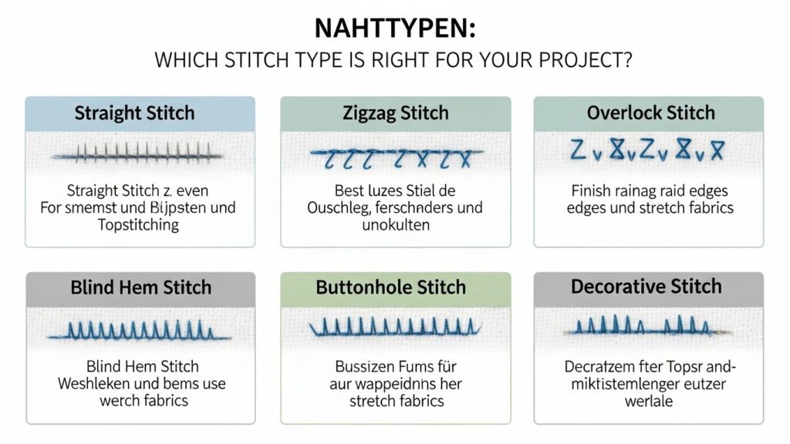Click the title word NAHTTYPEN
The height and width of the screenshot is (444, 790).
394,28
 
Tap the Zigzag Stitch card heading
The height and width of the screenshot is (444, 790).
395,113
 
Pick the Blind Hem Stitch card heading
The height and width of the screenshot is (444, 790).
140,288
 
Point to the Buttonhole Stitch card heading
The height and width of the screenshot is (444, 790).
391,288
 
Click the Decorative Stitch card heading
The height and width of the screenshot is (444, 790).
647,287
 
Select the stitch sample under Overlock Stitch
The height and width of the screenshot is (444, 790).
647,150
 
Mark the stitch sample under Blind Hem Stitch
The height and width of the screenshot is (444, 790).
140,331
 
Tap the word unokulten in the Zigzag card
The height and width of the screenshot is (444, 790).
395,225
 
